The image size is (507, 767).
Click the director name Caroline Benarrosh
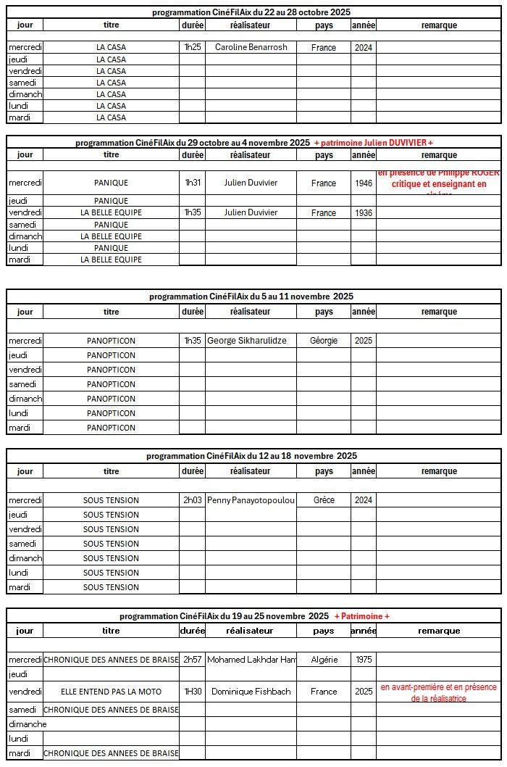tap(251, 47)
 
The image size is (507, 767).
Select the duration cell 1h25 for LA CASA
tap(192, 47)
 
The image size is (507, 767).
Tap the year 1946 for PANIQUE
tap(364, 183)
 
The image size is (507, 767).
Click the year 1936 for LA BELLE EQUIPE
tap(364, 213)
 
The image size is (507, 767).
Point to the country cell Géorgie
tap(324, 341)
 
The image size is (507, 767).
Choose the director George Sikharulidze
tap(251, 341)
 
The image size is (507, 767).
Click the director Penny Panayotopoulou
tap(251, 500)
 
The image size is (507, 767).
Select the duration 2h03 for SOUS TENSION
tap(192, 500)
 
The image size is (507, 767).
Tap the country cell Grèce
tap(324, 500)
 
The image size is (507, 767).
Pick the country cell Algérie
tap(324, 660)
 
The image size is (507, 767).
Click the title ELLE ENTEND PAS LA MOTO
tap(111, 692)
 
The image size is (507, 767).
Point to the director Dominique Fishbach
tap(251, 692)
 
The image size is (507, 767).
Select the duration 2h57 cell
tap(192, 660)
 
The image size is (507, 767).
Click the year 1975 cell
tap(364, 660)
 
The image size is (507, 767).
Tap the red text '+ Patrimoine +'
tap(362, 616)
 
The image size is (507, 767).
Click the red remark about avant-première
tap(438, 692)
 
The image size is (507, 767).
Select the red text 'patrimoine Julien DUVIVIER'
tap(374, 143)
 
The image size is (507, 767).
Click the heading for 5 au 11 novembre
tap(251, 297)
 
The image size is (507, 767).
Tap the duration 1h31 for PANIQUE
tap(192, 183)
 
